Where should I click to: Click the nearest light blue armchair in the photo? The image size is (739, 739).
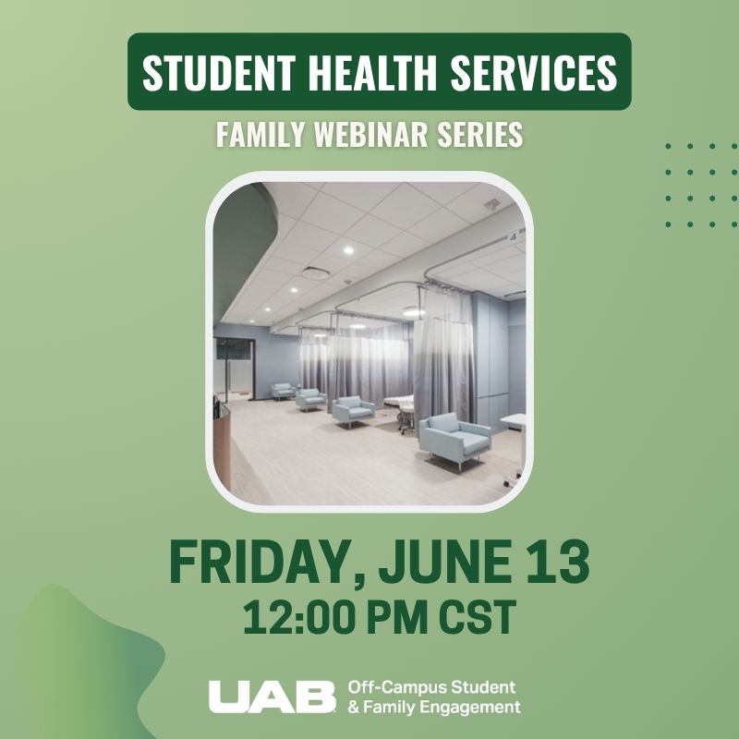[x=454, y=438]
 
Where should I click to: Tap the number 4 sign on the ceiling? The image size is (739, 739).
[x=511, y=236]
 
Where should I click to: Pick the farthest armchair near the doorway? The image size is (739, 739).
[x=283, y=390]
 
